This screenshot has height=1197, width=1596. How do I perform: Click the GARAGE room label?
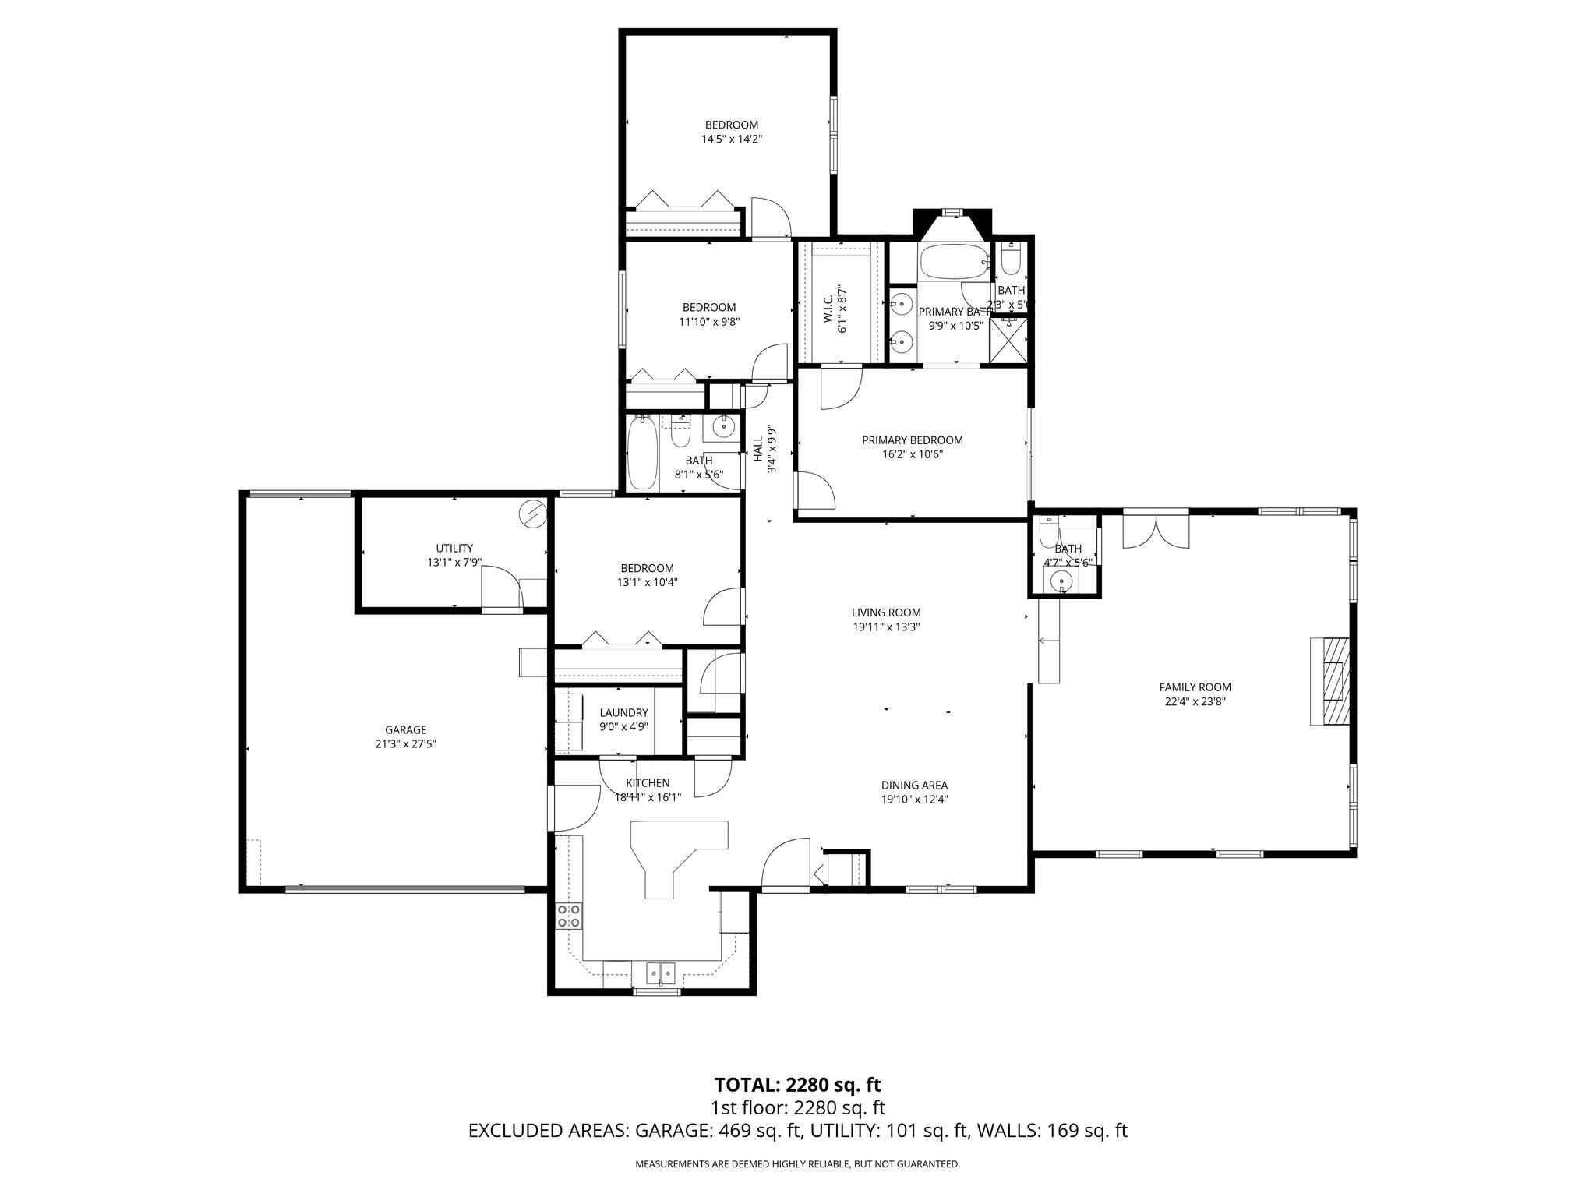[405, 729]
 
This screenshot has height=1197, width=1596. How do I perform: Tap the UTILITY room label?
[454, 548]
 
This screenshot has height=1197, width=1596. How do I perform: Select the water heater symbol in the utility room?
[534, 514]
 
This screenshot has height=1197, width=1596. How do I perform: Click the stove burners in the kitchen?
[569, 916]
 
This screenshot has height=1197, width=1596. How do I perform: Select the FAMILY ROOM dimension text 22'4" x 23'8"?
[1195, 701]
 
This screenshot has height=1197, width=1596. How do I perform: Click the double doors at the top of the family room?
[1156, 531]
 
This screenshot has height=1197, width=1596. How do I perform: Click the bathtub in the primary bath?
[953, 263]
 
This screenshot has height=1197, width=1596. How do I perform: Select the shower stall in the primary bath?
[1008, 340]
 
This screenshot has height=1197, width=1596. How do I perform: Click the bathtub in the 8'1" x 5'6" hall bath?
[642, 454]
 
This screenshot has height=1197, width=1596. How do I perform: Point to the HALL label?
[757, 449]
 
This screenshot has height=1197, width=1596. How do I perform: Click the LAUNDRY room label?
[623, 712]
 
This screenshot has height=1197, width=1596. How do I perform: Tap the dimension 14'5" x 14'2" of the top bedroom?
[731, 139]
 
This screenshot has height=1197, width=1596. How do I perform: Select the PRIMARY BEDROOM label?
[912, 440]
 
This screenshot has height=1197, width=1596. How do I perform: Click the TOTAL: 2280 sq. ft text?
[797, 1084]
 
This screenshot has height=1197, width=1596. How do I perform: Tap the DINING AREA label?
[914, 786]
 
